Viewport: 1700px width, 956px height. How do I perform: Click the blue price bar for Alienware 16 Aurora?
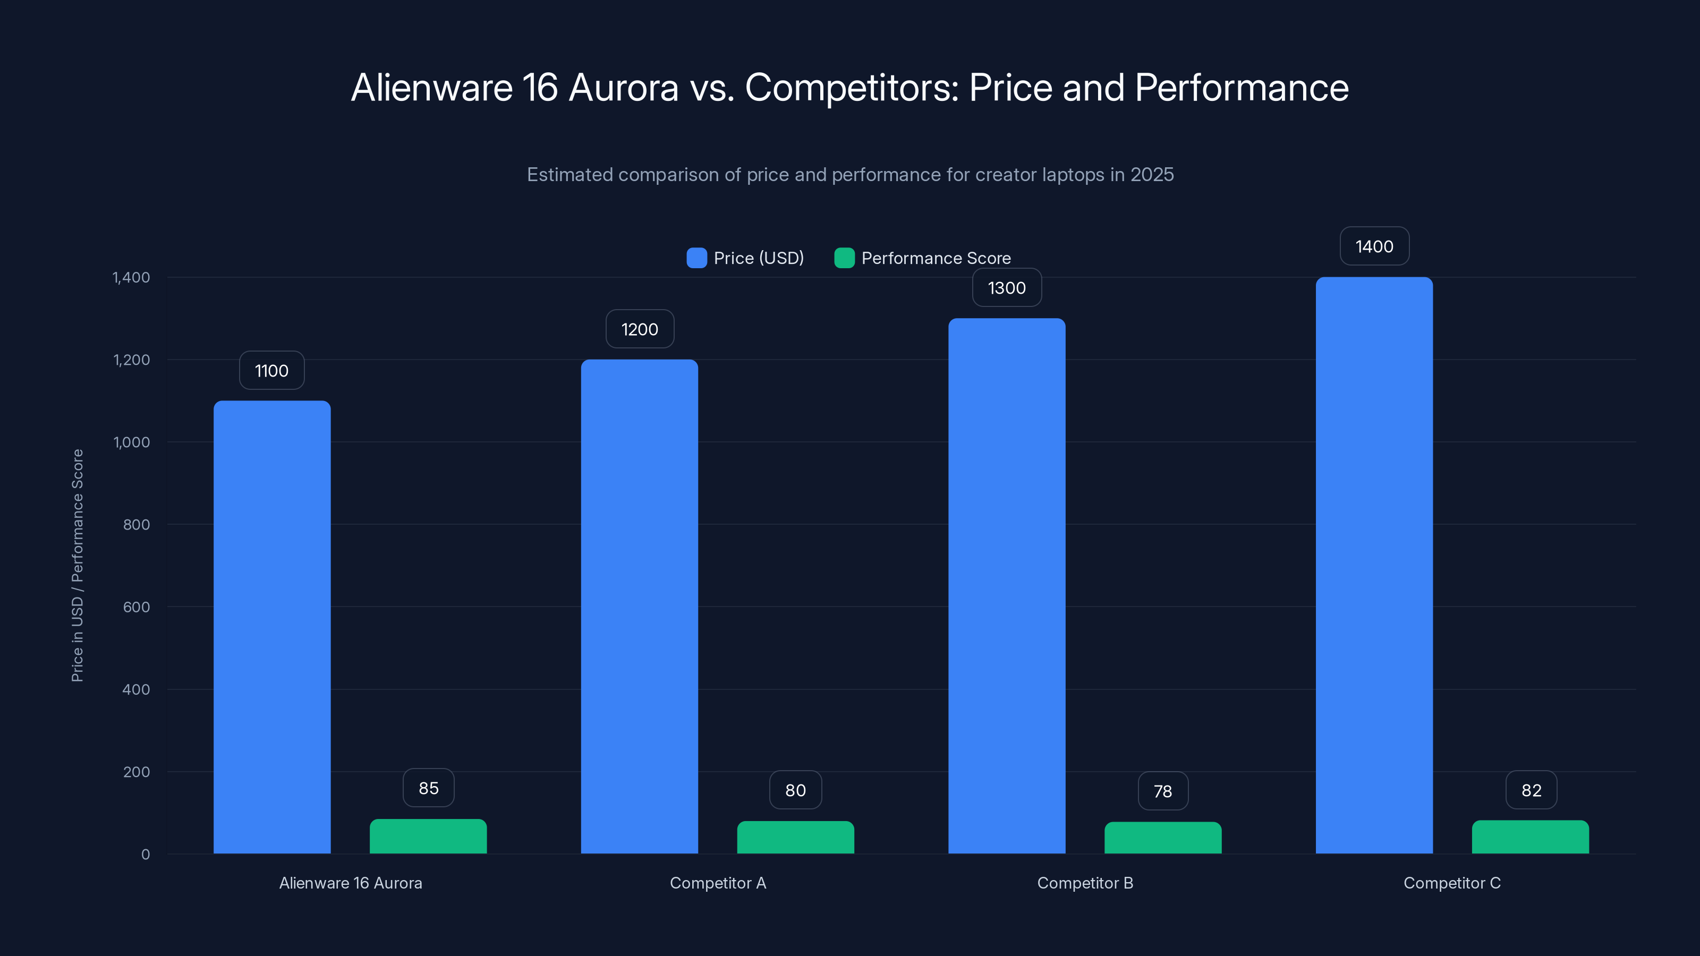(272, 627)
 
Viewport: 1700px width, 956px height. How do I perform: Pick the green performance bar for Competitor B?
(1163, 838)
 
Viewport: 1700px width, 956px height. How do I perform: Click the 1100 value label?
(272, 371)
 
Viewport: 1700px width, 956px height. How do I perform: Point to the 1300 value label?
(1006, 288)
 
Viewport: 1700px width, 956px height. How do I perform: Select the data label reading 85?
(428, 788)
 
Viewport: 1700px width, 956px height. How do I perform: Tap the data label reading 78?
(1163, 791)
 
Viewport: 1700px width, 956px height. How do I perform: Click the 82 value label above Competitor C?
(1531, 790)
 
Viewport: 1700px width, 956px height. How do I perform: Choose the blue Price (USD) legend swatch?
(696, 258)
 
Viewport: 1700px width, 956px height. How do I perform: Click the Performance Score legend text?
(936, 258)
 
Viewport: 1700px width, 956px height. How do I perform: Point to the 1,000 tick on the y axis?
(132, 442)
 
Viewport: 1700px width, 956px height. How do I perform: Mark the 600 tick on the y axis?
(137, 607)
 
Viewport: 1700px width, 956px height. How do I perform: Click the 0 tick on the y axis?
(146, 855)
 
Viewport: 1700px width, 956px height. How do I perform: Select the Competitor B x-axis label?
(1085, 883)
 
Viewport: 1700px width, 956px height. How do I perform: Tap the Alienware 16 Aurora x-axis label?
(351, 883)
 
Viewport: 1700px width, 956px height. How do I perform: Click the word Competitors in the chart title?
(851, 88)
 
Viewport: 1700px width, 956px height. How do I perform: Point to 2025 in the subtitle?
(1152, 175)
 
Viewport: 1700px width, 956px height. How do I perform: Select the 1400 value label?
(1374, 247)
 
